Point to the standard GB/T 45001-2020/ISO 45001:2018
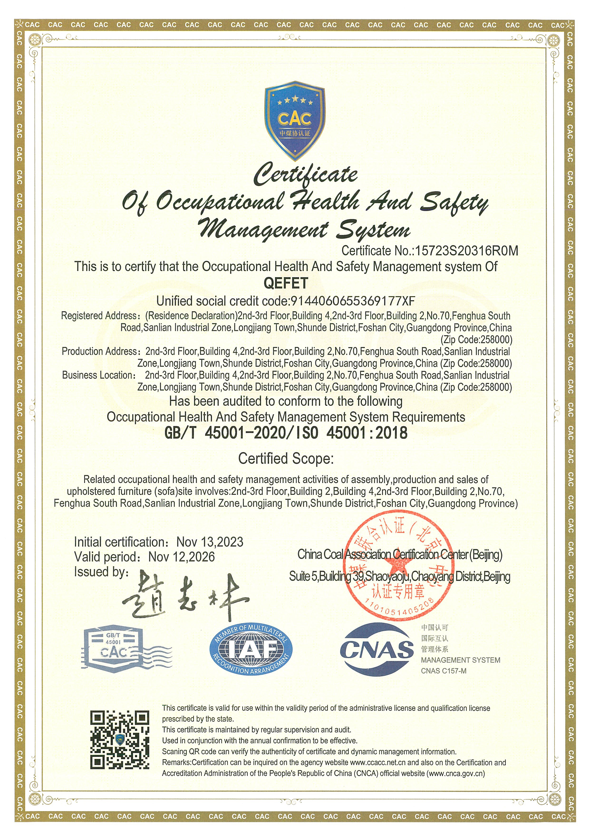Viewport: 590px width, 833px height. (x=286, y=433)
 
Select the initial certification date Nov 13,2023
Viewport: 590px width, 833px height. (x=210, y=542)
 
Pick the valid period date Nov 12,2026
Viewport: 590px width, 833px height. (x=181, y=557)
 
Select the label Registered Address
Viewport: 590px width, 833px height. (x=98, y=316)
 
